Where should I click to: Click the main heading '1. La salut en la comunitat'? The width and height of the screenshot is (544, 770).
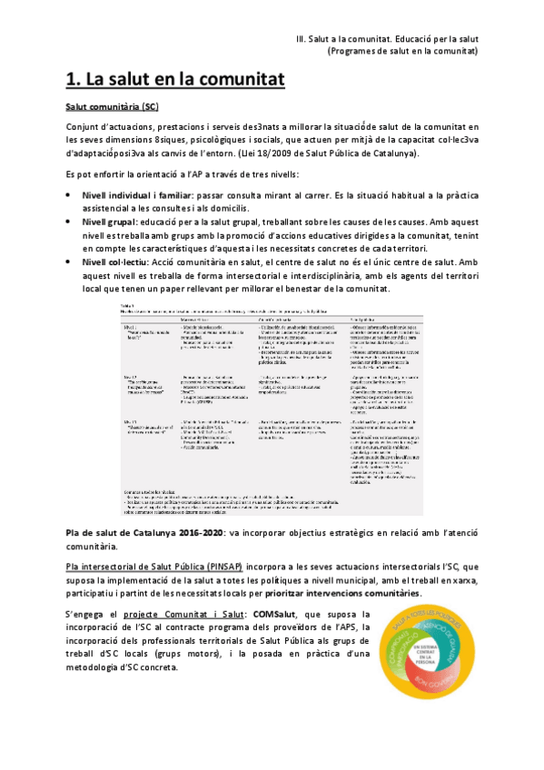[176, 81]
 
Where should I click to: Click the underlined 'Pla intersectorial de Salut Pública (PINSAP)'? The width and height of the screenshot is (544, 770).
[160, 541]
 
